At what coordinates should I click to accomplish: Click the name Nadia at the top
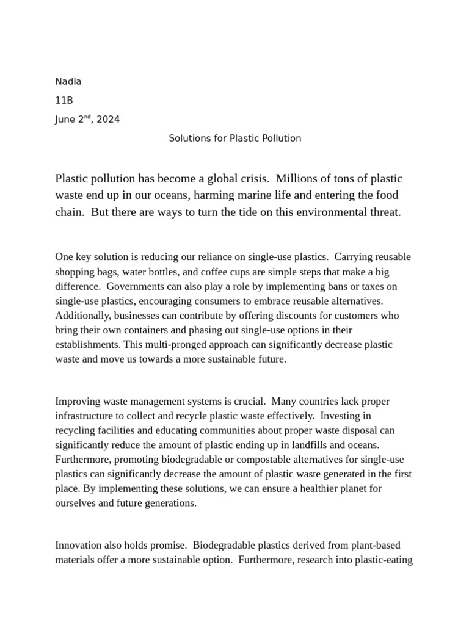[68, 82]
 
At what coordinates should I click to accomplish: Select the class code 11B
[64, 101]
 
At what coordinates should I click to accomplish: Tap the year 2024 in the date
[108, 120]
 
